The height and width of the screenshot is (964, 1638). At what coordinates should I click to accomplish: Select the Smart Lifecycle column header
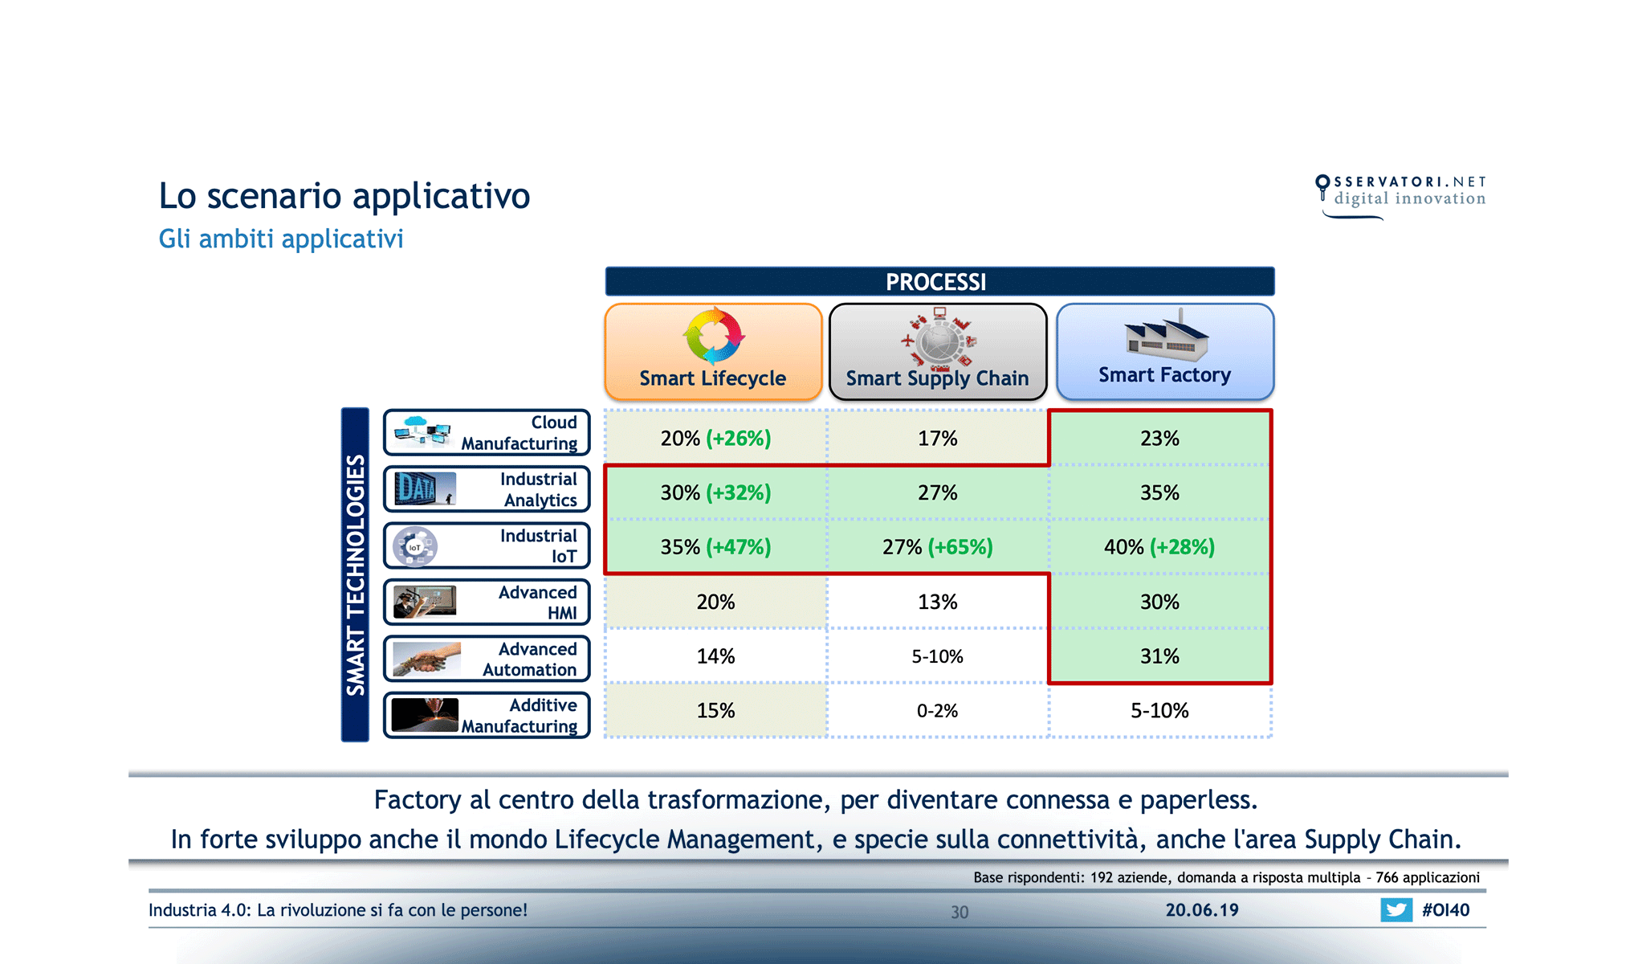click(713, 352)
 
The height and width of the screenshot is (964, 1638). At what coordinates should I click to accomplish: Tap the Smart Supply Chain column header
click(937, 352)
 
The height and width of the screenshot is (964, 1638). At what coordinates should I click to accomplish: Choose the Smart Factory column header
click(1164, 352)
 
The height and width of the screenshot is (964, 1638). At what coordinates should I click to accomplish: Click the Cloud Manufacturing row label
click(487, 433)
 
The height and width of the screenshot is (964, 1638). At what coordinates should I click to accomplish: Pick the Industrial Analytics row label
click(487, 489)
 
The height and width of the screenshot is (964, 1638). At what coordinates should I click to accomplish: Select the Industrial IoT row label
click(487, 546)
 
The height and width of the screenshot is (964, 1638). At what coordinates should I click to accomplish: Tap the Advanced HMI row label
click(487, 602)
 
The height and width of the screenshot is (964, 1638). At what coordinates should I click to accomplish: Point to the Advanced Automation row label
click(487, 659)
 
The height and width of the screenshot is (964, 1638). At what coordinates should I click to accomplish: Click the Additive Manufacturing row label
click(487, 715)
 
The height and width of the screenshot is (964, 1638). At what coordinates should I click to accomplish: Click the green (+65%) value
click(960, 547)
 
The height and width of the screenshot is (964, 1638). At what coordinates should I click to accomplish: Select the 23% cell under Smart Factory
click(1159, 439)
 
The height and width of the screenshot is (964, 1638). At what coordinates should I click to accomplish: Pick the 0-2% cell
click(937, 711)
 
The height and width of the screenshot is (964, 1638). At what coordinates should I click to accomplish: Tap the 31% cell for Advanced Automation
click(1159, 656)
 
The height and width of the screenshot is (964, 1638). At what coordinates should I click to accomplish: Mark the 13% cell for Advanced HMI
click(937, 602)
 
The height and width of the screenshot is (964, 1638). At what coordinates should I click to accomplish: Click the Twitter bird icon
click(1396, 910)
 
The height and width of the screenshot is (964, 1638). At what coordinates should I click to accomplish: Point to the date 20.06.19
click(1202, 910)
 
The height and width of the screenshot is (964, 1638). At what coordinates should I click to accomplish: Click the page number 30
click(960, 912)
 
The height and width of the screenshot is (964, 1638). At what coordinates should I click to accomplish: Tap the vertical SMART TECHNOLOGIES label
click(355, 574)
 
